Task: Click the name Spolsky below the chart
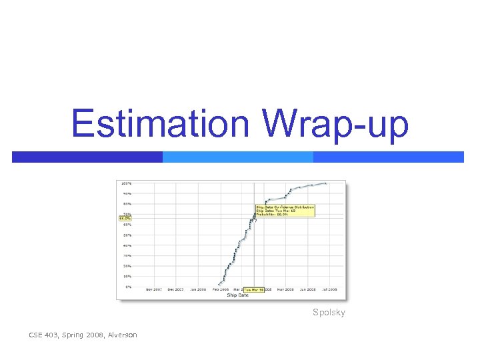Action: [329, 312]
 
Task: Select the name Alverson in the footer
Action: [121, 335]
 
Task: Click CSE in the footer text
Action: [36, 335]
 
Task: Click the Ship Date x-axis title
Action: [237, 295]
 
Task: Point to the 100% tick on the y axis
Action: [125, 183]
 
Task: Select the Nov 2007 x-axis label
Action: [154, 290]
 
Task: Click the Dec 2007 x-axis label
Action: [176, 290]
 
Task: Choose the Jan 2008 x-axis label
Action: [198, 290]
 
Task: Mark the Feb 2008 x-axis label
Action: [220, 290]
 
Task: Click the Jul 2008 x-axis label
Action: [329, 290]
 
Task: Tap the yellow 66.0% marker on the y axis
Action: [125, 218]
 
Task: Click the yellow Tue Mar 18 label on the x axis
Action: [253, 290]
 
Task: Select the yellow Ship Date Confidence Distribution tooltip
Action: [285, 210]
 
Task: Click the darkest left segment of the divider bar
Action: [87, 157]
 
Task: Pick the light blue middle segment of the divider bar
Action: [238, 157]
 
